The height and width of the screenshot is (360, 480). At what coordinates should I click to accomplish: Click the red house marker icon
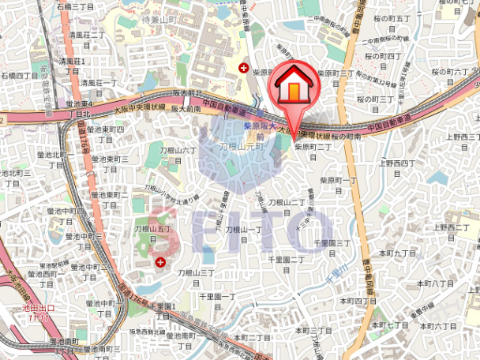click(294, 87)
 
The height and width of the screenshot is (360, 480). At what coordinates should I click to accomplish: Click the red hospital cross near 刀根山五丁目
click(161, 261)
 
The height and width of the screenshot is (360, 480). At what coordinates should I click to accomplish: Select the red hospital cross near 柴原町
click(245, 68)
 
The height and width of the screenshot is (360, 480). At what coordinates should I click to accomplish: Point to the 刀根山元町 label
click(240, 146)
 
